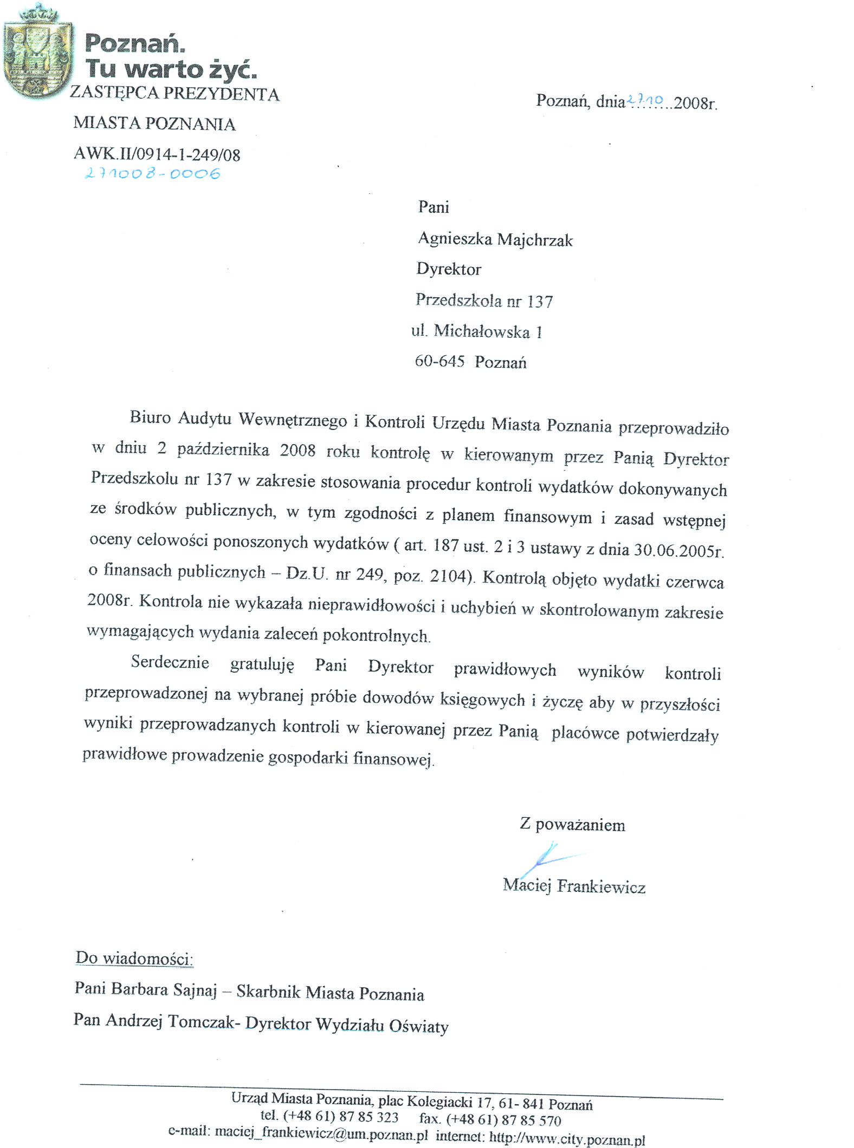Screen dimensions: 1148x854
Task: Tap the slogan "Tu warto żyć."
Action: coord(170,69)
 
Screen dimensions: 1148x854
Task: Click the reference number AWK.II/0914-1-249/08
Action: coord(157,154)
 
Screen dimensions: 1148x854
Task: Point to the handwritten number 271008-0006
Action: coord(152,173)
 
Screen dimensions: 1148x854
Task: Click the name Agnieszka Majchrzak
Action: coord(495,239)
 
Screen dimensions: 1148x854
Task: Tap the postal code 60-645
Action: coord(439,361)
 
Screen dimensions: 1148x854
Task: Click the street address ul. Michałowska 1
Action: coord(476,331)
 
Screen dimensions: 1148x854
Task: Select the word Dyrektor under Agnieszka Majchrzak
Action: coord(449,269)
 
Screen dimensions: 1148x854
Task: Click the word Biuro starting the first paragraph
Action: coord(150,417)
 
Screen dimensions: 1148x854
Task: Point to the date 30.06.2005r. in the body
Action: coord(678,550)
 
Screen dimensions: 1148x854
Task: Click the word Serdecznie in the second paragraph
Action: coord(170,662)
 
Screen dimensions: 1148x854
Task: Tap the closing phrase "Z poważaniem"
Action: coord(572,825)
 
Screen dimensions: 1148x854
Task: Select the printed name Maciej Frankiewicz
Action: coord(574,886)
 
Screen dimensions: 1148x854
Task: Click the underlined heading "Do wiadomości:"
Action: coord(134,958)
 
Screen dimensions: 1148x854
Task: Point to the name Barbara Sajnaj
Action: coord(164,989)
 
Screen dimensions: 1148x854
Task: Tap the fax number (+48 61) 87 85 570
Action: coord(503,1119)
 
